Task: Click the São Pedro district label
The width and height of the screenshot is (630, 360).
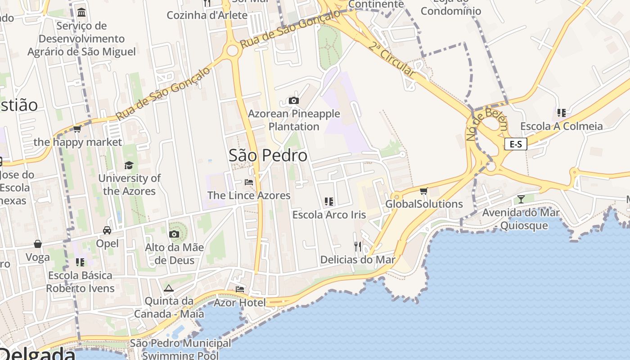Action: point(268,156)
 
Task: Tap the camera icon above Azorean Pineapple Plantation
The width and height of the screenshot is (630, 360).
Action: point(294,100)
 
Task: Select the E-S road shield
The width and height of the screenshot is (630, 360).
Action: point(515,144)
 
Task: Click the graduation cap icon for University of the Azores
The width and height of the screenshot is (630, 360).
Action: point(129,165)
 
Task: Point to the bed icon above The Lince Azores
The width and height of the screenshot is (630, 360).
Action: point(249,182)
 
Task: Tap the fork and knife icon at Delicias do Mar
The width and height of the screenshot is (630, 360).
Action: point(358,246)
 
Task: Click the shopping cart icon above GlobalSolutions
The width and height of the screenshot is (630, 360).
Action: point(423,191)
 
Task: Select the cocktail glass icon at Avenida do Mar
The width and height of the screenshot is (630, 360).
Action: point(521,199)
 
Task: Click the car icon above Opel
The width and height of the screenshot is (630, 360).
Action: point(107,230)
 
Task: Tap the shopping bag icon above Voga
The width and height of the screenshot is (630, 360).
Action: point(38,244)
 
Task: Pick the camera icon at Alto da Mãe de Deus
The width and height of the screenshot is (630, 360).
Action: point(174,234)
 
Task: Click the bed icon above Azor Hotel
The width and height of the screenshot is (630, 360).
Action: point(240,289)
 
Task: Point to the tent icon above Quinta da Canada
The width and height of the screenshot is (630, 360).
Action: point(169,288)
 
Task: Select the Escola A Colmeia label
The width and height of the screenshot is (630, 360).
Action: point(561,126)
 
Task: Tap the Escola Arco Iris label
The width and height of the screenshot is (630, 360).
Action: point(329,215)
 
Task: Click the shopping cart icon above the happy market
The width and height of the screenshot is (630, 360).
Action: point(77,129)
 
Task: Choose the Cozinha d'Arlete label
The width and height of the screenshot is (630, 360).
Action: point(207,15)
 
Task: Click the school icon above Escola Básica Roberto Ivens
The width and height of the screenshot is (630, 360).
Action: point(80,262)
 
